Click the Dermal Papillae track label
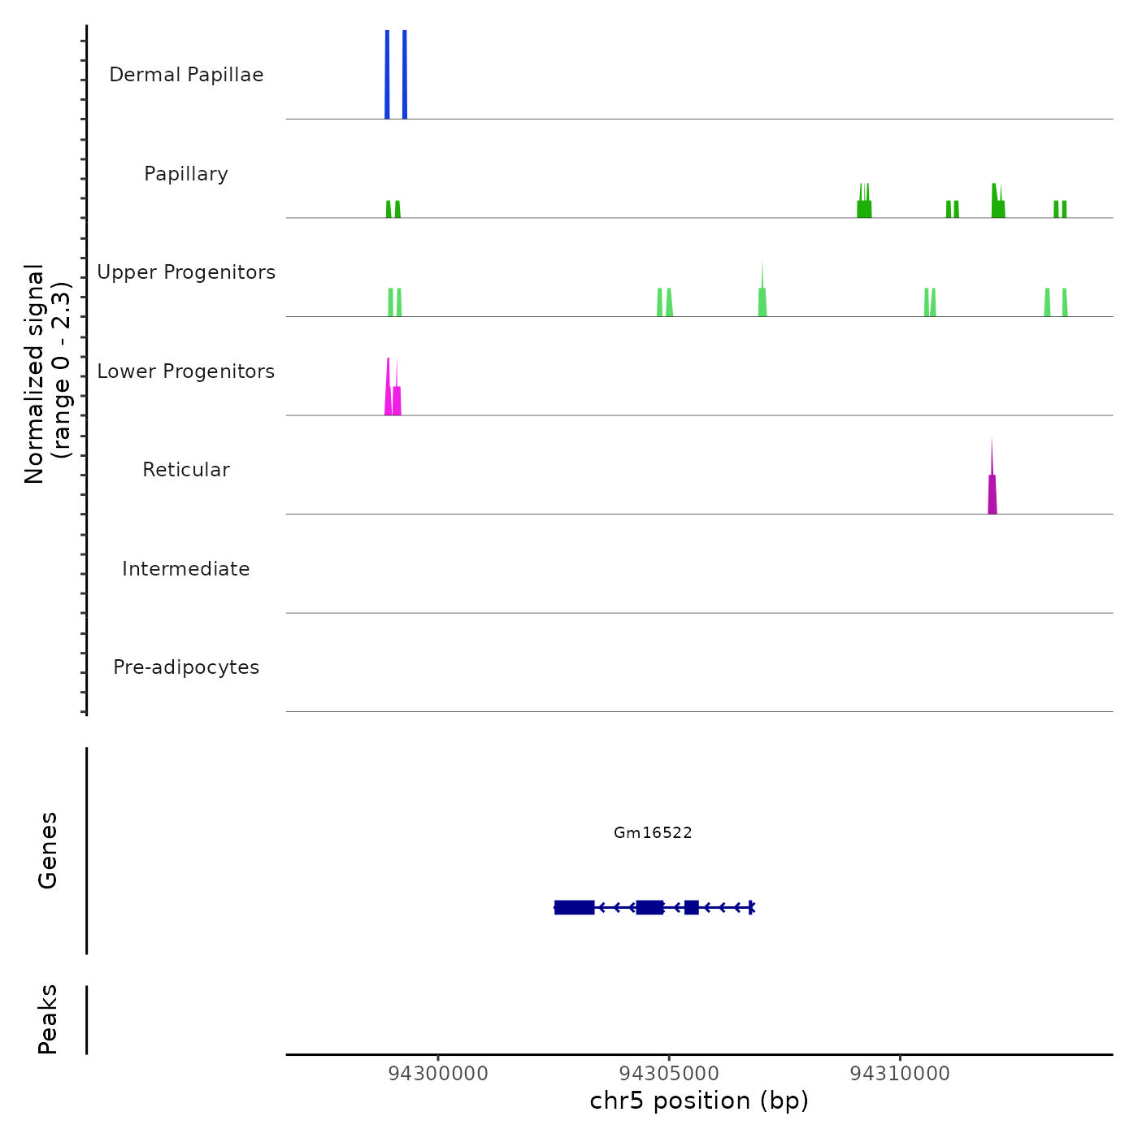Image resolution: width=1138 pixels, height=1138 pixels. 186,75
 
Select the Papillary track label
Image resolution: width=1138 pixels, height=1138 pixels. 186,174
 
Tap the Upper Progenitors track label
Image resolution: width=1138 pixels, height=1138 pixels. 186,272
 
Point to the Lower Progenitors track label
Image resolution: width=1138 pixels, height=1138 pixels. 186,371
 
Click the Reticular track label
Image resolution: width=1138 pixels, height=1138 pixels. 186,470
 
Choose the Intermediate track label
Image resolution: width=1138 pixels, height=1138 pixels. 186,569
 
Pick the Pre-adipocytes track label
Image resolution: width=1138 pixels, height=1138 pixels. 186,667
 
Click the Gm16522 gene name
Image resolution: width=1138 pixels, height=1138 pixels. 653,832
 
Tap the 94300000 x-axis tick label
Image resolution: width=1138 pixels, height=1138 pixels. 438,1074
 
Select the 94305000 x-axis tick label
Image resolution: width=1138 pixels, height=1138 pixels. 669,1074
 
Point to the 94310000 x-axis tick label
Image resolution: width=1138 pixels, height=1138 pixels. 900,1074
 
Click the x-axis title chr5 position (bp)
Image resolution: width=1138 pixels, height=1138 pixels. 699,1101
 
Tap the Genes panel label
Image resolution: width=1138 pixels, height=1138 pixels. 48,850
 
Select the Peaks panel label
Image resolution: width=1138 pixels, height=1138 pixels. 48,1019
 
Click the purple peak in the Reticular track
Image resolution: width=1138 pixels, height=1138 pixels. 992,493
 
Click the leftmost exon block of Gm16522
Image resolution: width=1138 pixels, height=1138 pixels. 574,907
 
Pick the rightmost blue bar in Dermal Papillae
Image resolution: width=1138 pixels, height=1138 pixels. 405,75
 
